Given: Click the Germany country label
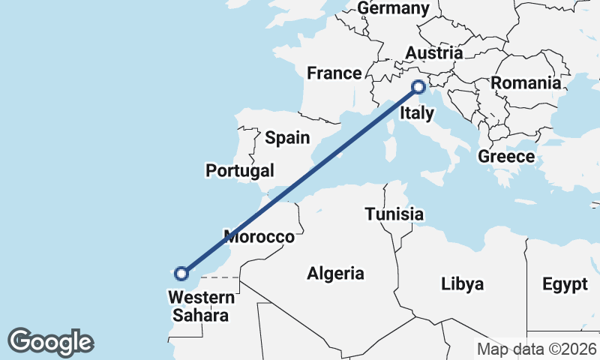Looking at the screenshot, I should (394, 8).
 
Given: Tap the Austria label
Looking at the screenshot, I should (433, 53).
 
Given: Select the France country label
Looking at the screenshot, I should (334, 73).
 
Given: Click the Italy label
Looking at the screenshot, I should (417, 113).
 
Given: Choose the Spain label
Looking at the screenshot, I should (287, 137).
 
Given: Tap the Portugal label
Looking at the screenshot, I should (240, 171).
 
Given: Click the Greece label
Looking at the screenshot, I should (506, 157).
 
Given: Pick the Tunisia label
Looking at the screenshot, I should (394, 214).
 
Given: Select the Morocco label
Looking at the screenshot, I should (259, 237).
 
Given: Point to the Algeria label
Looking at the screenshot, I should (335, 274).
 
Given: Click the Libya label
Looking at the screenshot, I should (463, 284).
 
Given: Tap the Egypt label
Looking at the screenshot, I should (565, 284).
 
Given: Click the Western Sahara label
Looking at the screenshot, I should (201, 306).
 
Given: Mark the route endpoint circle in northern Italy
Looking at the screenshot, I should (418, 88).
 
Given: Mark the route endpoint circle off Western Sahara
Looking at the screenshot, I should (181, 273).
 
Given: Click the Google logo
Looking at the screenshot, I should (50, 342).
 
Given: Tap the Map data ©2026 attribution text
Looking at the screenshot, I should (537, 349).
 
